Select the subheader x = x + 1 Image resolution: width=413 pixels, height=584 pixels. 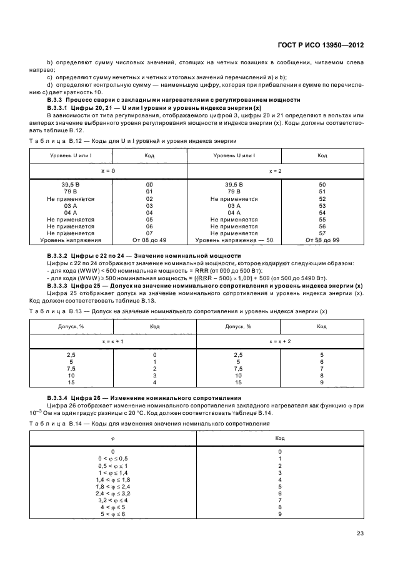pos(113,341)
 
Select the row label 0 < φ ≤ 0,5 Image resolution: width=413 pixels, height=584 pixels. pos(113,459)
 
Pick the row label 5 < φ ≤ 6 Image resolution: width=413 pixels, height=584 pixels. pos(113,514)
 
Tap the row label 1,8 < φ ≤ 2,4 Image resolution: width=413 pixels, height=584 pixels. pos(113,486)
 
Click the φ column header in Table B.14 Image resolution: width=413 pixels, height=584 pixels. pos(113,438)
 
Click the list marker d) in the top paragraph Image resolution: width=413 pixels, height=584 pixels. pos(49,84)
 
